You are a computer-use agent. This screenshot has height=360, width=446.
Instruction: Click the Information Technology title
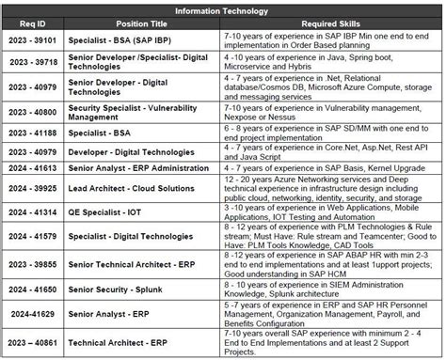coord(223,11)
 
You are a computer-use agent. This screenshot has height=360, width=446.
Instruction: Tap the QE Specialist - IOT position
coord(122,213)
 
